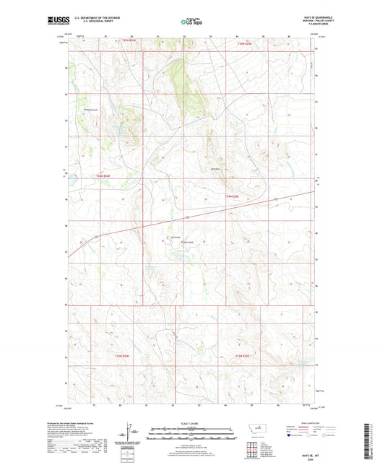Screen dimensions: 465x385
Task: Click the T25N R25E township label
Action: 246,44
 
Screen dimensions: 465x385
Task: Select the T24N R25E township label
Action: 230,196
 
